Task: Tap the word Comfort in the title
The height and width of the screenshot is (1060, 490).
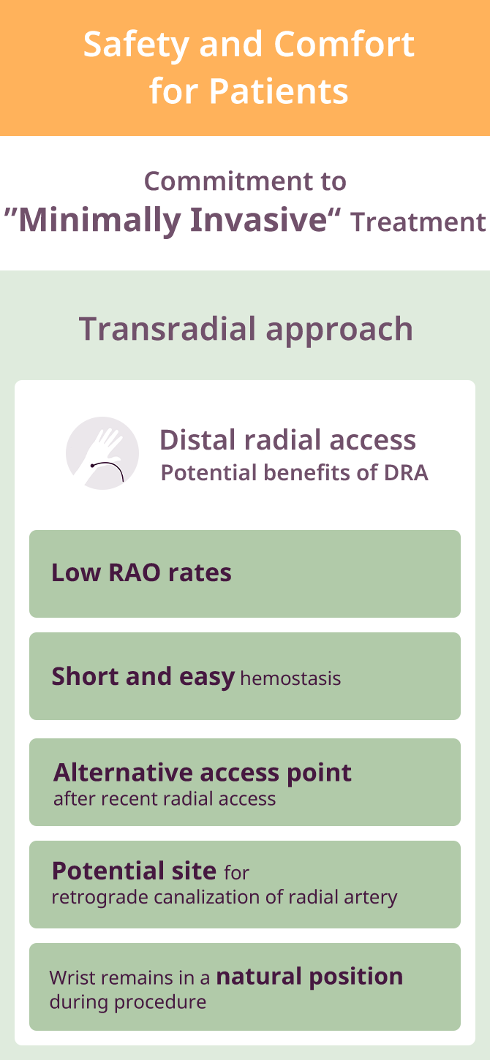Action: coord(344,44)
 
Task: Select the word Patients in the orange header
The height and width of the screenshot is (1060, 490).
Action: coord(279,91)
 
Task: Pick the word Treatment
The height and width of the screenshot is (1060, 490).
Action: coord(418,222)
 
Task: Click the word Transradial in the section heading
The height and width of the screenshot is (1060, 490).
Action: coord(167,329)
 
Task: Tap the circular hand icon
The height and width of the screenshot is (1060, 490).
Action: coord(102,453)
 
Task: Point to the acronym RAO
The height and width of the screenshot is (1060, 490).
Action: coord(135,572)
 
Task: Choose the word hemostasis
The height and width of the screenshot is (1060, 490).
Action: coord(290,678)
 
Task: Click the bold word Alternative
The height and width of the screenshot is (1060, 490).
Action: coord(123,772)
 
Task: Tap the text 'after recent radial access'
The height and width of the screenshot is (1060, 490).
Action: coord(165,799)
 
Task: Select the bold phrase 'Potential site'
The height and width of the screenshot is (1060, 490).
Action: coord(134,871)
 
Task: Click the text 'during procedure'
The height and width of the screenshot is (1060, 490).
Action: coord(128,1002)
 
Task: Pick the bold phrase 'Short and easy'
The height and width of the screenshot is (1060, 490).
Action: coord(143,677)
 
